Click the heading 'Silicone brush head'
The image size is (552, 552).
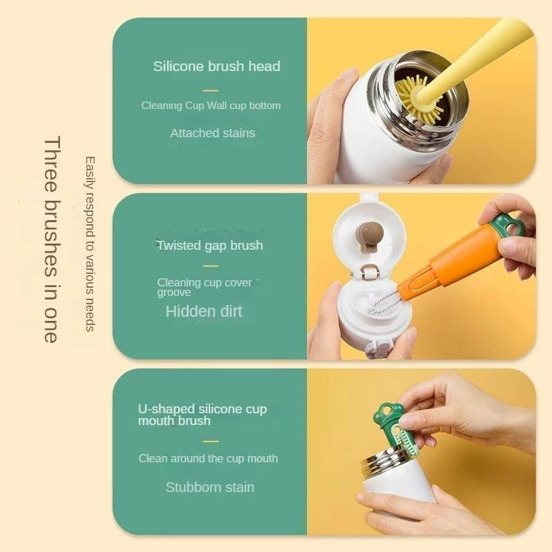(217, 66)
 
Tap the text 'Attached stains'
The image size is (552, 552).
(213, 133)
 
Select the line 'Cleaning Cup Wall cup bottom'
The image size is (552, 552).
(211, 106)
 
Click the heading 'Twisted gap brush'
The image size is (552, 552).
(210, 246)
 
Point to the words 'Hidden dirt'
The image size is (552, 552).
(204, 311)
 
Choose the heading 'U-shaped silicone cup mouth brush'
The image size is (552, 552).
(202, 415)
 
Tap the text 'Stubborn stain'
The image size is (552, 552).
(210, 487)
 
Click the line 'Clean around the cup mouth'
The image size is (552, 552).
(208, 458)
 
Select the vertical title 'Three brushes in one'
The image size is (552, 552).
(50, 239)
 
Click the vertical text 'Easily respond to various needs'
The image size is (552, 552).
(90, 244)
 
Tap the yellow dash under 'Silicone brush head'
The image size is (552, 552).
(210, 91)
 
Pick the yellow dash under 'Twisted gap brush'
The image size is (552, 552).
(210, 266)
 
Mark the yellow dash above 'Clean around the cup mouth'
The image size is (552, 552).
(210, 441)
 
